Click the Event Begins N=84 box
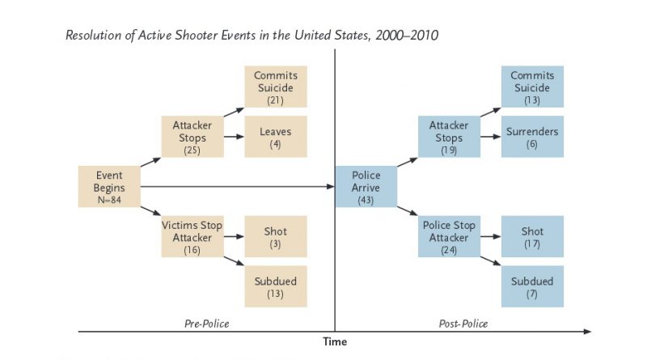[x=109, y=188]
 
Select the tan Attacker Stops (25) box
[x=192, y=137]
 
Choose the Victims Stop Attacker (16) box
[x=192, y=238]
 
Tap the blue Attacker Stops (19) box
[x=449, y=137]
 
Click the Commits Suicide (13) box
[x=532, y=87]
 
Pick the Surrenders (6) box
[x=532, y=137]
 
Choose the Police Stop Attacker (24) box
[x=449, y=238]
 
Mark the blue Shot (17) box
[x=532, y=238]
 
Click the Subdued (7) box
[x=532, y=287]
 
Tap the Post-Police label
[x=463, y=324]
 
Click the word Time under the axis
[x=335, y=342]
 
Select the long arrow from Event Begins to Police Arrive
[x=235, y=188]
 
